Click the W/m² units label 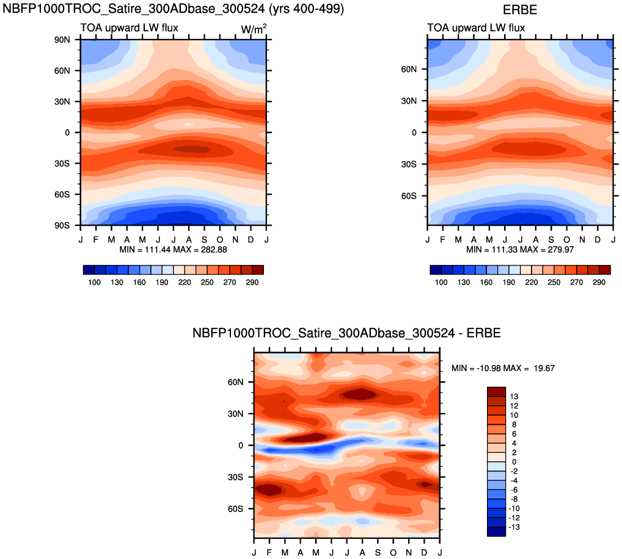[254, 29]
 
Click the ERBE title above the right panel [519, 10]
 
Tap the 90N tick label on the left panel [62, 40]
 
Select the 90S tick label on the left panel [62, 225]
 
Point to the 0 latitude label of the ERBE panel [414, 132]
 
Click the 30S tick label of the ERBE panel [409, 164]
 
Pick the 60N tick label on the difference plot [236, 382]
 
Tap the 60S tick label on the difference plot [236, 509]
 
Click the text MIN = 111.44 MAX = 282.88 [174, 250]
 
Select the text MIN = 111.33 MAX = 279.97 [520, 250]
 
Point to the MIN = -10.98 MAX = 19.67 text [503, 368]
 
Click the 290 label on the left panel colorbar [252, 283]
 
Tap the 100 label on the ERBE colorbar [441, 283]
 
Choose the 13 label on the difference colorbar [514, 397]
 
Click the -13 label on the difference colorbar [514, 527]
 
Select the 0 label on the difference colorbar [514, 462]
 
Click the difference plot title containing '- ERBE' [346, 333]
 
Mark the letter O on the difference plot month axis [393, 553]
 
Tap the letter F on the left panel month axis [95, 239]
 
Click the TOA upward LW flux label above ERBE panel [476, 27]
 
